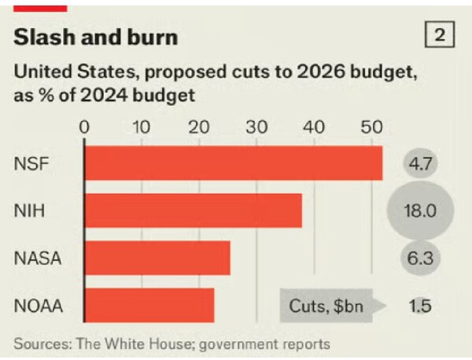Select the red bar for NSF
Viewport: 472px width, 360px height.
[x=233, y=163]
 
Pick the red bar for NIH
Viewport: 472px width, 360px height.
[x=193, y=211]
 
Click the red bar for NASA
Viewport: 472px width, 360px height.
[x=157, y=258]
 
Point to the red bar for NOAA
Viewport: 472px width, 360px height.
[x=149, y=305]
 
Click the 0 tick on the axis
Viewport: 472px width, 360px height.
[x=85, y=126]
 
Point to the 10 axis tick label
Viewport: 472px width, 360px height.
[x=142, y=126]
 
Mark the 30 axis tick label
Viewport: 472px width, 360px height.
[x=256, y=126]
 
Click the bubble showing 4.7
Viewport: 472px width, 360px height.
[x=420, y=164]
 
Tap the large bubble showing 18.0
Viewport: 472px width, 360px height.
[x=420, y=211]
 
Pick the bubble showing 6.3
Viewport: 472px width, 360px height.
[x=420, y=258]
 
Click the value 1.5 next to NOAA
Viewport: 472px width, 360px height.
[x=421, y=305]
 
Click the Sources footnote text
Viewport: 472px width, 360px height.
[x=171, y=343]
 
